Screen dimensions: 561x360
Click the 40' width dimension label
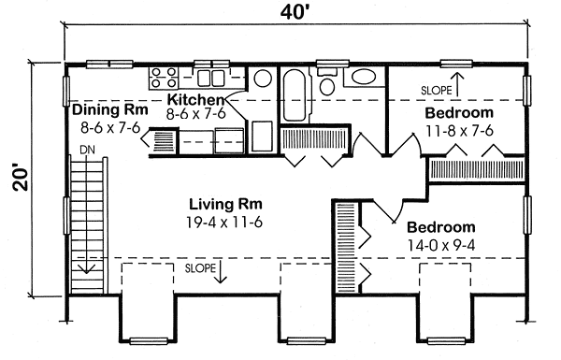pyautogui.click(x=295, y=12)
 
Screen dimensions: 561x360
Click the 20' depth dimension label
pyautogui.click(x=21, y=178)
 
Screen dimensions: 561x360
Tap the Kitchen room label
pyautogui.click(x=196, y=100)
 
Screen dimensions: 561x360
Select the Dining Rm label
pyautogui.click(x=110, y=109)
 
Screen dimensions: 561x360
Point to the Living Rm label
pyautogui.click(x=225, y=205)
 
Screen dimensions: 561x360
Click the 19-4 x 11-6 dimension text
pyautogui.click(x=224, y=223)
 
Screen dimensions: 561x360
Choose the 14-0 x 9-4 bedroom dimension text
pyautogui.click(x=440, y=246)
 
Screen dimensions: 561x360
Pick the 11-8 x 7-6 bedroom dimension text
pyautogui.click(x=459, y=131)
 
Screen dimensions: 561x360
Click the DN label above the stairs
pyautogui.click(x=87, y=150)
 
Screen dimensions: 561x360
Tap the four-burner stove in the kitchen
pyautogui.click(x=164, y=78)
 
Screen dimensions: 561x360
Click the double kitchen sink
pyautogui.click(x=210, y=79)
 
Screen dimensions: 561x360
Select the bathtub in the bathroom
pyautogui.click(x=295, y=95)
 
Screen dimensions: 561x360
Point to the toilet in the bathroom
pyautogui.click(x=326, y=81)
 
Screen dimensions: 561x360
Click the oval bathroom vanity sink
pyautogui.click(x=364, y=77)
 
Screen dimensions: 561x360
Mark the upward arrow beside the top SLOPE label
pyautogui.click(x=457, y=84)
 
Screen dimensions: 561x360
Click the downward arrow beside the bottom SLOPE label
pyautogui.click(x=220, y=271)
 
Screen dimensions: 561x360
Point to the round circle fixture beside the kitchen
pyautogui.click(x=263, y=79)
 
